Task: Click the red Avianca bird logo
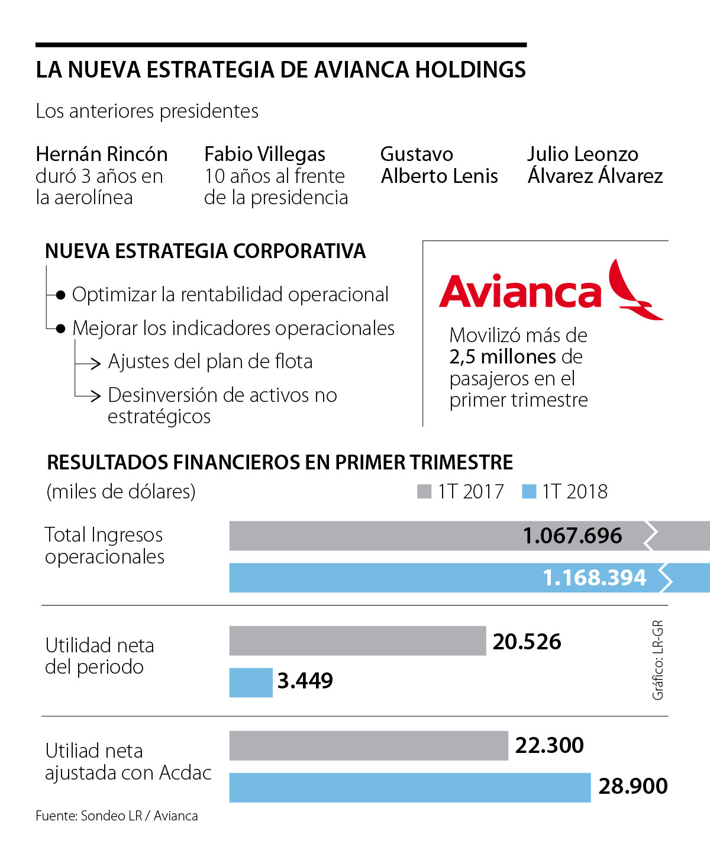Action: [x=633, y=290]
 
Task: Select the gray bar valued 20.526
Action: [x=357, y=640]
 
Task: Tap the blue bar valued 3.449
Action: [x=251, y=683]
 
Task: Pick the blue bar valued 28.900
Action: [x=409, y=787]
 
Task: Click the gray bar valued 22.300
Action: [x=368, y=746]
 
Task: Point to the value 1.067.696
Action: [x=572, y=536]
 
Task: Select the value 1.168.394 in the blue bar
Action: [x=594, y=578]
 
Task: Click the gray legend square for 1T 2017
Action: [x=424, y=491]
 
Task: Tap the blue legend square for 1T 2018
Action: [x=529, y=491]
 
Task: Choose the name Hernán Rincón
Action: [x=102, y=154]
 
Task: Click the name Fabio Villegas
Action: [x=264, y=154]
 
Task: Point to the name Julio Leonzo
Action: [x=583, y=154]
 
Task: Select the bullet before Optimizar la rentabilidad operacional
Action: [x=60, y=295]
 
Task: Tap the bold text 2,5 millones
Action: [x=502, y=357]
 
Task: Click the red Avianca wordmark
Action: [x=520, y=292]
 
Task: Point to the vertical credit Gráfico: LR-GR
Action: [x=658, y=660]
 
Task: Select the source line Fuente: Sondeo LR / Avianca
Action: [x=117, y=816]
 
